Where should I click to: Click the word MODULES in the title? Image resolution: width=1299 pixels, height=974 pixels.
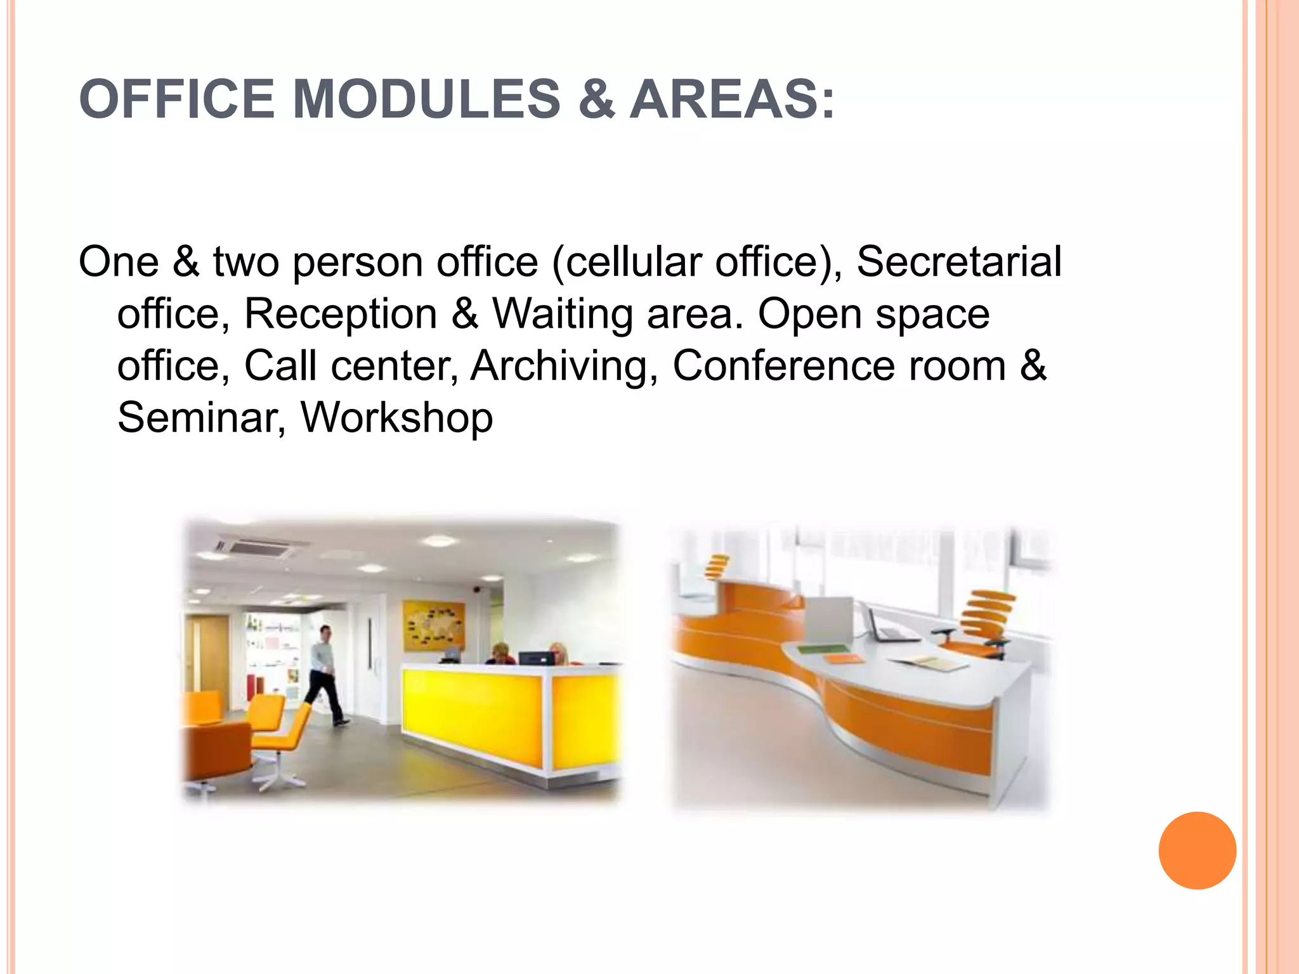426,100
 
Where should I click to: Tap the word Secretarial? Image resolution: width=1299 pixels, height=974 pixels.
958,262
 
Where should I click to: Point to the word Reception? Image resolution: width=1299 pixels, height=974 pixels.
341,314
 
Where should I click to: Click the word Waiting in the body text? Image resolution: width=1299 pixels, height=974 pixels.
563,314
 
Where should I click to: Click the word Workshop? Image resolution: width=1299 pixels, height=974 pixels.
396,418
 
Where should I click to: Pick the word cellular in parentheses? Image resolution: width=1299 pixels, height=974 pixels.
634,262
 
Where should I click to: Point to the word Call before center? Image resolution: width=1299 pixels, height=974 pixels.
280,366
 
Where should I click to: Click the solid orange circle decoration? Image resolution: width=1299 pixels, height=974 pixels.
1197,850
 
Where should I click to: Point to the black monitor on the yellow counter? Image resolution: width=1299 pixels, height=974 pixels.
536,658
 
